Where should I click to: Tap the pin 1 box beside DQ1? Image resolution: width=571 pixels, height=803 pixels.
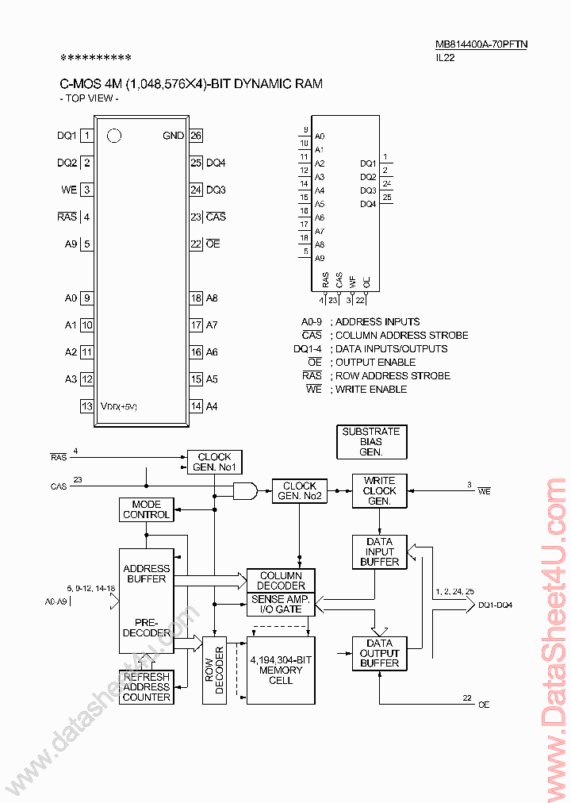pyautogui.click(x=87, y=136)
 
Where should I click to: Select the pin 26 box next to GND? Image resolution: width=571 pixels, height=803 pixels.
pyautogui.click(x=196, y=136)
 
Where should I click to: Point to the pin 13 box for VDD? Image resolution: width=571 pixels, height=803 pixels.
pyautogui.click(x=87, y=406)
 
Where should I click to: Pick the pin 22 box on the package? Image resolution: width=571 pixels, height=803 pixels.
pyautogui.click(x=196, y=244)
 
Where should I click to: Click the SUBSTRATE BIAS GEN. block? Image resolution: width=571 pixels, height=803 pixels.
pyautogui.click(x=371, y=441)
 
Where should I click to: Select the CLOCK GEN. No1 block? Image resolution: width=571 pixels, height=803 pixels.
pyautogui.click(x=214, y=462)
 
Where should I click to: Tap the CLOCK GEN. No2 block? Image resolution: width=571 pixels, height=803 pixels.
pyautogui.click(x=299, y=491)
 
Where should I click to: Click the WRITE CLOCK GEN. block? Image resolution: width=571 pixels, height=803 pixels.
pyautogui.click(x=379, y=491)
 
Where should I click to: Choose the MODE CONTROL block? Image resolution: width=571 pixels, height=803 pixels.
pyautogui.click(x=146, y=509)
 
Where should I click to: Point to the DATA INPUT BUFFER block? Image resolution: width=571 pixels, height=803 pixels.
pyautogui.click(x=379, y=551)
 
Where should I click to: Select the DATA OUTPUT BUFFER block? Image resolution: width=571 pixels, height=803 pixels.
pyautogui.click(x=379, y=653)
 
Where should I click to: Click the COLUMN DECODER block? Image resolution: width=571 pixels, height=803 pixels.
pyautogui.click(x=281, y=580)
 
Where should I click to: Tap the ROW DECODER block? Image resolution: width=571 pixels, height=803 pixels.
pyautogui.click(x=214, y=670)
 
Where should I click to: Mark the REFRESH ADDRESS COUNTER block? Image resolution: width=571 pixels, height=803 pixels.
pyautogui.click(x=146, y=687)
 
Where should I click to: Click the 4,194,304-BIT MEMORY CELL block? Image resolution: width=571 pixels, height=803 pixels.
pyautogui.click(x=281, y=670)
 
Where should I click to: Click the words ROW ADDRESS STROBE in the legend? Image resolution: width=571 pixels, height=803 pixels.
pyautogui.click(x=393, y=375)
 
